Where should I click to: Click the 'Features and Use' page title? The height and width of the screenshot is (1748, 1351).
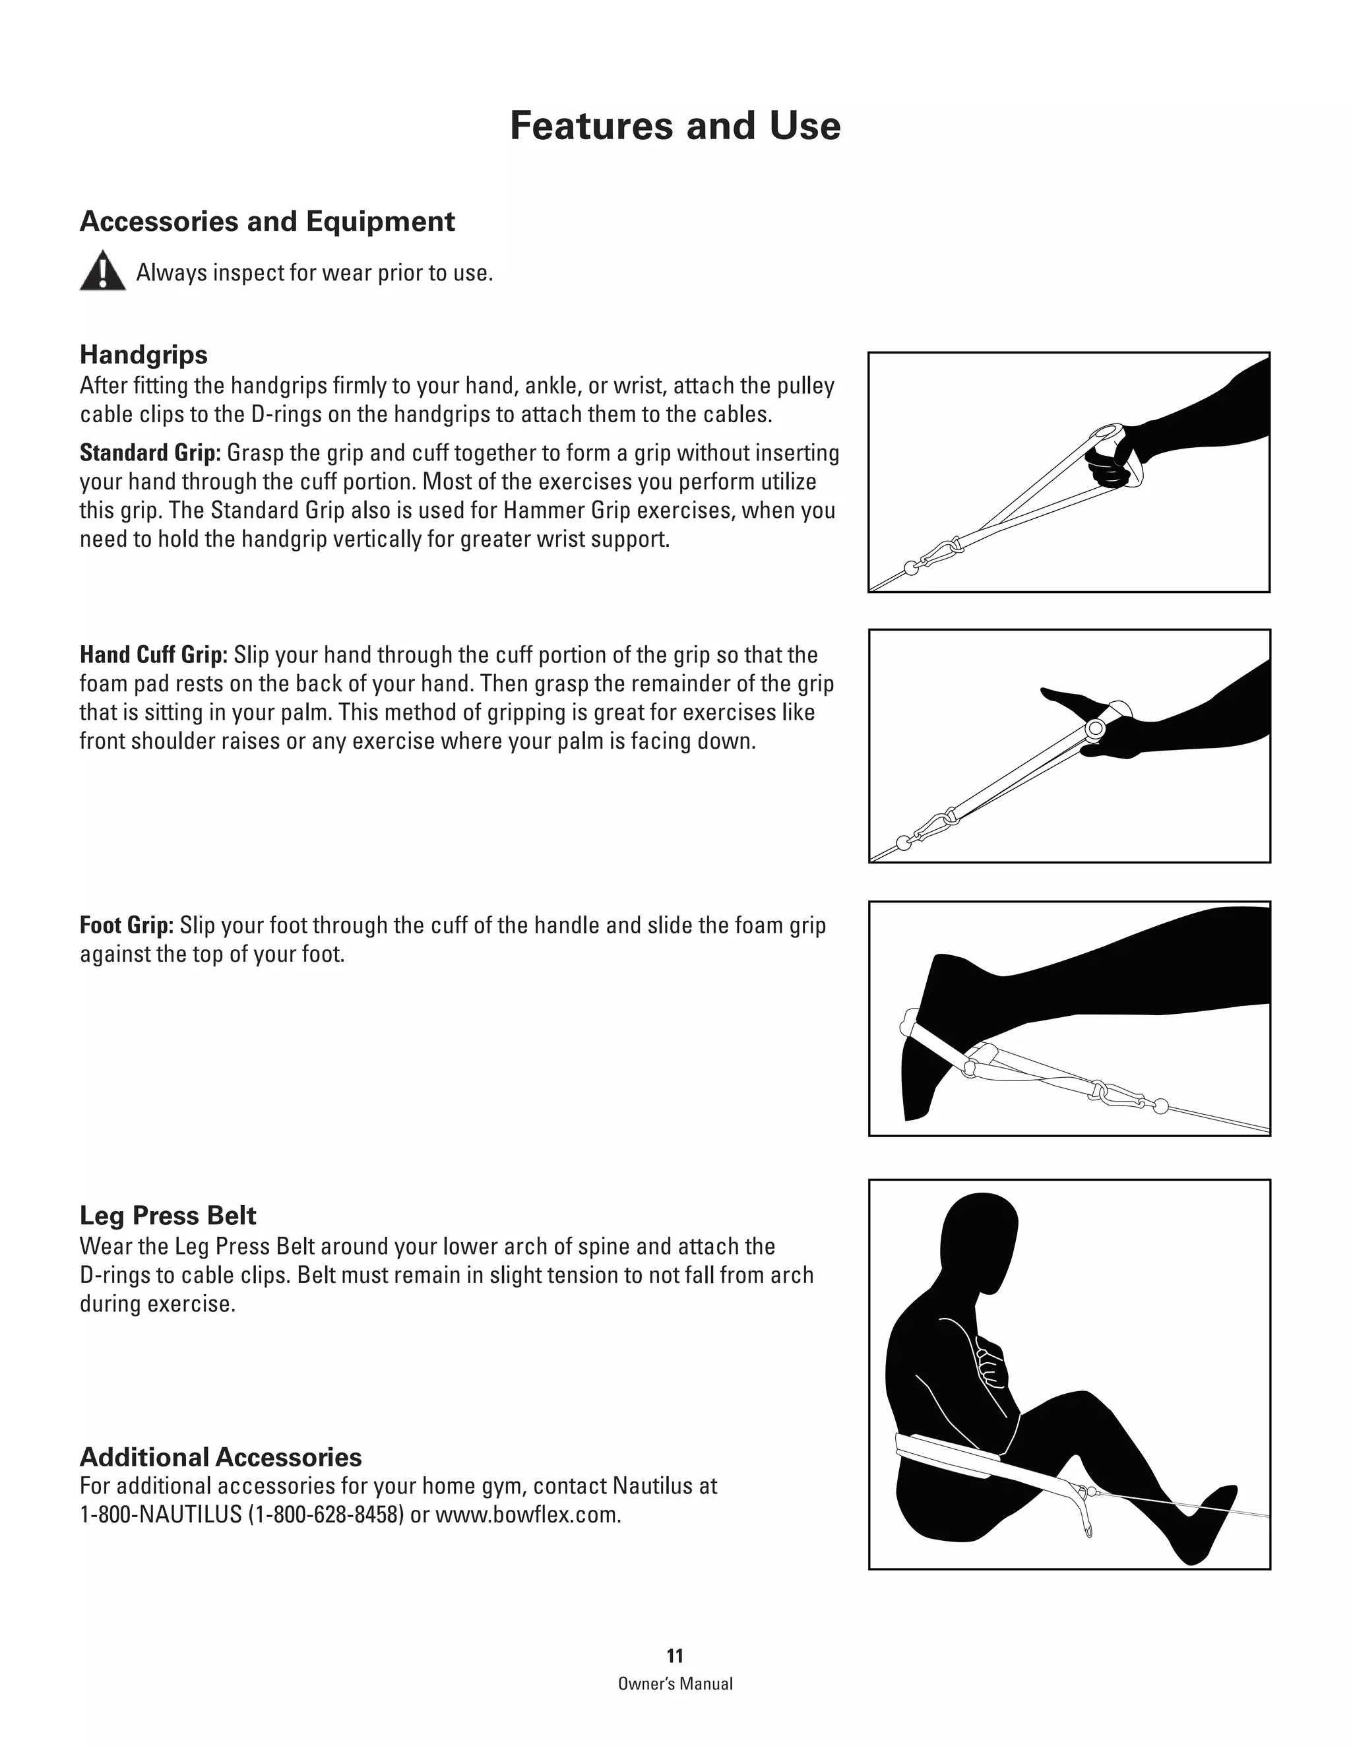[675, 127]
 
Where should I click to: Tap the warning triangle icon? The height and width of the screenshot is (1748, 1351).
[102, 270]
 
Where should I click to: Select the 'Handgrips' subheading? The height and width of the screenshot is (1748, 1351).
[143, 355]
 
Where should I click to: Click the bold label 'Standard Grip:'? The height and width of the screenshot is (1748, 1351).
[150, 453]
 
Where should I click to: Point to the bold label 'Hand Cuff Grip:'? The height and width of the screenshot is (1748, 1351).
[154, 655]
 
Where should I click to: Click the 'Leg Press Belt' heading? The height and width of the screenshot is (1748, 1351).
[168, 1215]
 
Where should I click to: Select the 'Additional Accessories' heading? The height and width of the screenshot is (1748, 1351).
[220, 1456]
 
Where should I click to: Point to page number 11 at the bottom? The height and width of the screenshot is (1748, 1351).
[675, 1656]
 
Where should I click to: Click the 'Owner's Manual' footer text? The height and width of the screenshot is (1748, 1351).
[675, 1683]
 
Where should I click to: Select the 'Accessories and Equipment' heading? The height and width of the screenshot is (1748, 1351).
[267, 222]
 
